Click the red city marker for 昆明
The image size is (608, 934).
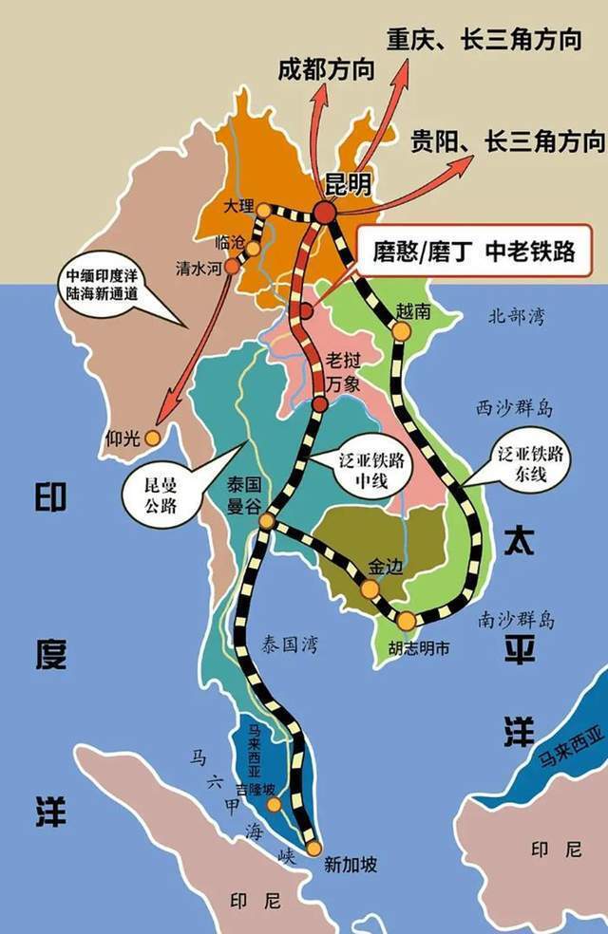click(x=326, y=213)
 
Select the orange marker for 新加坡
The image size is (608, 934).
click(x=313, y=849)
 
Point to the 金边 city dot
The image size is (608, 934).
click(x=370, y=588)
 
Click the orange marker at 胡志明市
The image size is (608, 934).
click(x=407, y=621)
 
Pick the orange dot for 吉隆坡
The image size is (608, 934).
click(x=275, y=805)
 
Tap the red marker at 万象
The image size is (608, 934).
click(x=319, y=405)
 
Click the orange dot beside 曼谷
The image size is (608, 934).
click(x=267, y=520)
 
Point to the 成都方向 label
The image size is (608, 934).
click(x=325, y=70)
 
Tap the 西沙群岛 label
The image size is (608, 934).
click(x=515, y=409)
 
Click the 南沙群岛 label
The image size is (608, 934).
click(x=516, y=621)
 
